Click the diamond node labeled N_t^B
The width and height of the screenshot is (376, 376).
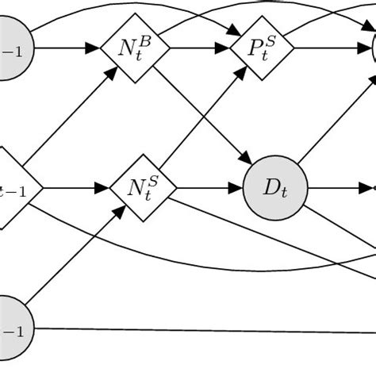(135, 49)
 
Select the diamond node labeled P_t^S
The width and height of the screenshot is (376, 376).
(262, 49)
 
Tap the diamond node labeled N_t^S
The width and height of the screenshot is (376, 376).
(144, 189)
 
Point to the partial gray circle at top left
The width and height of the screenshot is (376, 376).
(14, 48)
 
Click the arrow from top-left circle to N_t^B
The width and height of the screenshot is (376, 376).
(67, 49)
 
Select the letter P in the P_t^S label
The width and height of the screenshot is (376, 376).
(255, 50)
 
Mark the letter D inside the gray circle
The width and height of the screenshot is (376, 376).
(270, 188)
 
